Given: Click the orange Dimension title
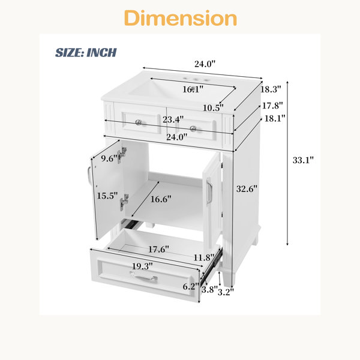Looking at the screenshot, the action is [x=181, y=18].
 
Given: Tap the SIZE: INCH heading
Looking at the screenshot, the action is [x=86, y=53].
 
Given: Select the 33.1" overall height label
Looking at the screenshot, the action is [x=303, y=160].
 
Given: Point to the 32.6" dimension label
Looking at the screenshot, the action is [x=247, y=189].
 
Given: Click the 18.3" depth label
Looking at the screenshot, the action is [x=271, y=89].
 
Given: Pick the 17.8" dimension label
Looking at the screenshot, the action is [x=272, y=106].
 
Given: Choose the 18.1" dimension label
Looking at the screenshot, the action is [x=275, y=118].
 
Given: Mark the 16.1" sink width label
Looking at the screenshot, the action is [x=193, y=89].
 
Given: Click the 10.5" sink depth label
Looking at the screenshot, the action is [x=213, y=107].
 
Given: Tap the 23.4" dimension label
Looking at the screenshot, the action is [x=173, y=119].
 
